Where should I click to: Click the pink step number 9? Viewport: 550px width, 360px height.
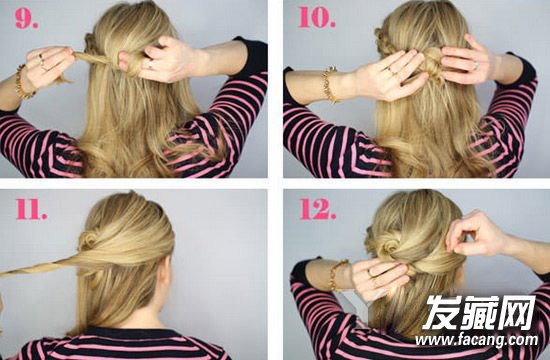(27, 18)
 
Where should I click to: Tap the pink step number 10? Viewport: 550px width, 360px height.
(317, 17)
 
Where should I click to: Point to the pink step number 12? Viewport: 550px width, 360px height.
(318, 209)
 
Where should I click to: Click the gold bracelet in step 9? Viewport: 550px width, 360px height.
(22, 83)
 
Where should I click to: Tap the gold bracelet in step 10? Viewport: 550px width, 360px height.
(329, 84)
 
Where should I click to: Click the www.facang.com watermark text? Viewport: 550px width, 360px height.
(476, 340)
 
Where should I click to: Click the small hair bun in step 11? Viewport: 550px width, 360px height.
(88, 240)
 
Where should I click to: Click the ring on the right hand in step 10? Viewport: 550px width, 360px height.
(476, 65)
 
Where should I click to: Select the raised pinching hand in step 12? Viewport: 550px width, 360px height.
(475, 234)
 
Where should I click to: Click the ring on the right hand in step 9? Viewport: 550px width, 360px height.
(150, 64)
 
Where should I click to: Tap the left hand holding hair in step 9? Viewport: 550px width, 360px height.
(49, 67)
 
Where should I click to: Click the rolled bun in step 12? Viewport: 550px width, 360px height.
(390, 245)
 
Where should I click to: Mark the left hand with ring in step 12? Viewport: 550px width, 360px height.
(381, 280)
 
